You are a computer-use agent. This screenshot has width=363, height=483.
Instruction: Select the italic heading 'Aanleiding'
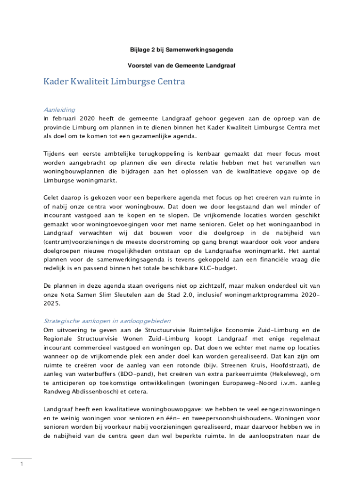[59, 110]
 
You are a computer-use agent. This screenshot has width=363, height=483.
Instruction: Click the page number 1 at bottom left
[22, 465]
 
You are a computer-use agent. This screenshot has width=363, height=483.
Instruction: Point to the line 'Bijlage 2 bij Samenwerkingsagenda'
[181, 49]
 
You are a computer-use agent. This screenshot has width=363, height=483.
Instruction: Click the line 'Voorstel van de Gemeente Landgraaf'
[181, 66]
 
